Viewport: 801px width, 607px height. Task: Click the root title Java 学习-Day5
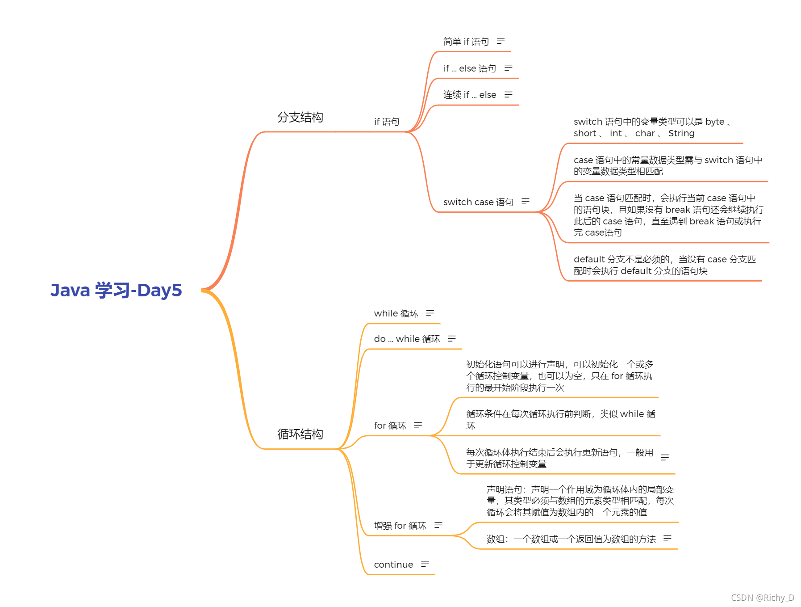pos(116,290)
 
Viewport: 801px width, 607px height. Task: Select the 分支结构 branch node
pos(300,117)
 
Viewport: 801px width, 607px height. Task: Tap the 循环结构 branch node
pos(300,434)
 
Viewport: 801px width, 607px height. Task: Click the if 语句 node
pos(387,122)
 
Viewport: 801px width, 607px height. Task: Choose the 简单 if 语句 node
pos(466,42)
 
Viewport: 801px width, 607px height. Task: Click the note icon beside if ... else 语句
pos(508,68)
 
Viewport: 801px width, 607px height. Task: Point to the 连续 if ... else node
pos(469,95)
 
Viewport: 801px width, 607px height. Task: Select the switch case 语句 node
pos(478,202)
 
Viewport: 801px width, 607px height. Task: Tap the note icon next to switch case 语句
pos(526,202)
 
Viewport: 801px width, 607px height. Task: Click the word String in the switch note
pos(681,133)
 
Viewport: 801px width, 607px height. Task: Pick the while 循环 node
pos(396,313)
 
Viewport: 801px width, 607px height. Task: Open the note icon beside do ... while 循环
pos(452,339)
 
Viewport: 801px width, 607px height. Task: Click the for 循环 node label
pos(390,426)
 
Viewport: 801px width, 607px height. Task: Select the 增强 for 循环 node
pos(400,526)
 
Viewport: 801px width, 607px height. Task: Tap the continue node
pos(393,565)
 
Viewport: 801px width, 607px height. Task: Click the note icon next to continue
pos(425,564)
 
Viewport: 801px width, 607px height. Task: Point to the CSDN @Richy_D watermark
pos(763,598)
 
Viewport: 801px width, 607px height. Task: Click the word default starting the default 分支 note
pos(589,259)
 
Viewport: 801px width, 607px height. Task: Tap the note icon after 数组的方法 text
pos(667,539)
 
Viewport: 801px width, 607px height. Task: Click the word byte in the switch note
pos(715,122)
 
